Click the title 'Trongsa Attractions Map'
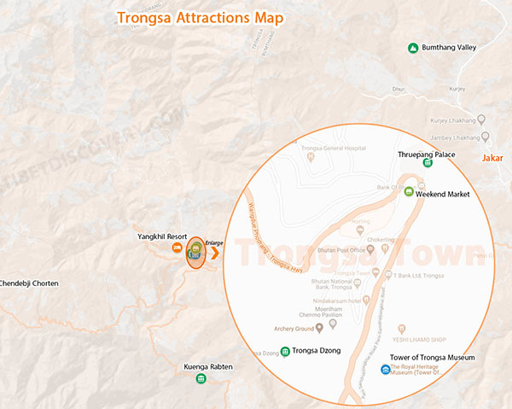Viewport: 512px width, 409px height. click(201, 16)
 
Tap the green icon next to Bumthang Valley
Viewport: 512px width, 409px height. click(413, 48)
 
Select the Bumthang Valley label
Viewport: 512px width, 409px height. click(449, 48)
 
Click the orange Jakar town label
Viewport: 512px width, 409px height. click(492, 158)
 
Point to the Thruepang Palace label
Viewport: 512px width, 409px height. click(427, 155)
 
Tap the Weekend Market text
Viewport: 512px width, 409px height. click(443, 195)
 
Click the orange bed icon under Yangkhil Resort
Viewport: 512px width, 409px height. click(177, 248)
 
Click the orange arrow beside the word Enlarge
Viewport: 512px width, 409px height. click(214, 253)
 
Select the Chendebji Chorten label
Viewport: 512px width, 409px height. click(29, 283)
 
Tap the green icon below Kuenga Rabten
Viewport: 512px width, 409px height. click(201, 378)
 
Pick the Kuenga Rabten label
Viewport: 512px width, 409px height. click(208, 367)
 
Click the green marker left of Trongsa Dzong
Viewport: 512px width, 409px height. click(284, 350)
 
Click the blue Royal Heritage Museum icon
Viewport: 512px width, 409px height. click(385, 370)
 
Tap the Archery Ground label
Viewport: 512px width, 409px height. click(291, 325)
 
